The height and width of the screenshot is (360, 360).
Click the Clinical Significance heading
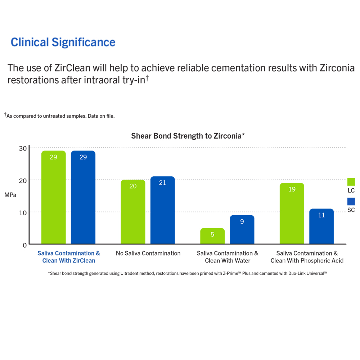point(63,42)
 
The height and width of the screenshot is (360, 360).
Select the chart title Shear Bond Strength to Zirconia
point(188,136)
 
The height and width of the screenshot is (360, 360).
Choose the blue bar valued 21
point(162,210)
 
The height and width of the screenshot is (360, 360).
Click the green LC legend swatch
point(351,182)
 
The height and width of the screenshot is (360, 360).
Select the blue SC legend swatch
point(351,202)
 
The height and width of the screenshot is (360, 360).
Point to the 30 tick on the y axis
point(22,148)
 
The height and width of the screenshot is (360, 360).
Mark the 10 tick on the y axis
point(22,213)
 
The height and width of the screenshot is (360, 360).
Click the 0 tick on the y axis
point(24,245)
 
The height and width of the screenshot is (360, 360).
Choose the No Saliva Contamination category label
point(148,253)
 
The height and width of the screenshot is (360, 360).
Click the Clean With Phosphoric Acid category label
point(307,260)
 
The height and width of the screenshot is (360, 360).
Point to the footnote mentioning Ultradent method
point(188,274)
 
